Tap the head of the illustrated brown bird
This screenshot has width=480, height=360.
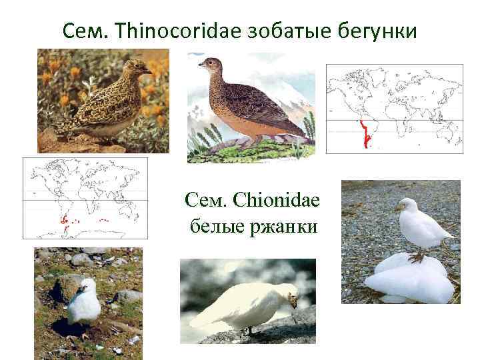pos(210,65)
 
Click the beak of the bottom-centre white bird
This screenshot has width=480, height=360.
pos(294,305)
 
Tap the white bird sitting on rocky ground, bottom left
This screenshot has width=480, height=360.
pos(84,304)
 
